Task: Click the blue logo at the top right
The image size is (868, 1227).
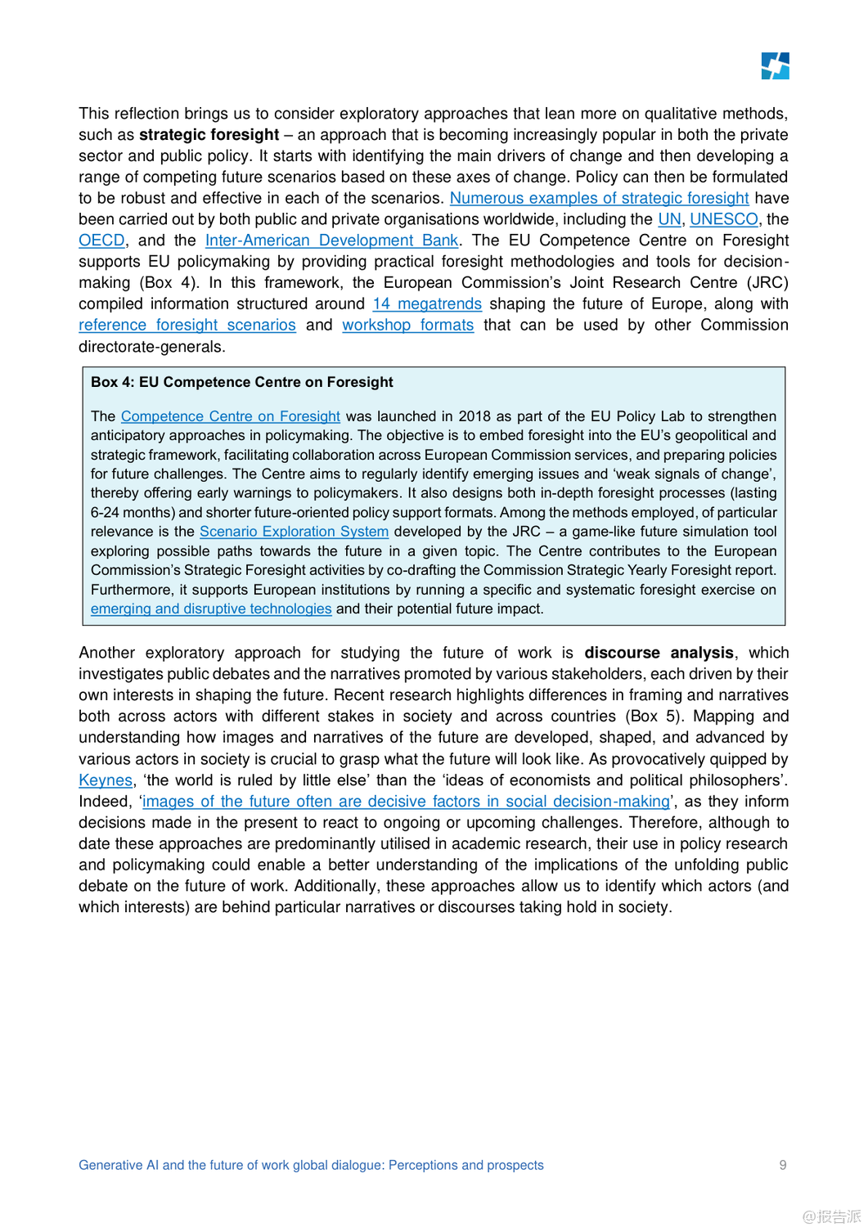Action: [x=775, y=66]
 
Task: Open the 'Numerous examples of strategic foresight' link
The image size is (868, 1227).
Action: [x=599, y=198]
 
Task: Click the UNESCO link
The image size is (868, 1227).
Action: [x=723, y=219]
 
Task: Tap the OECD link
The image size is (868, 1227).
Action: [x=101, y=240]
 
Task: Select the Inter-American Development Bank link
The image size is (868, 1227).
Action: [x=331, y=240]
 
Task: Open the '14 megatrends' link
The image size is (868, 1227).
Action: [x=427, y=303]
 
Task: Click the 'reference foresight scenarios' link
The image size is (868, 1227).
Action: [x=187, y=325]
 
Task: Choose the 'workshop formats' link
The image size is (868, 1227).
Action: [x=407, y=325]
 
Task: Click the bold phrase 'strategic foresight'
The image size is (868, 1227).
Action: [x=209, y=135]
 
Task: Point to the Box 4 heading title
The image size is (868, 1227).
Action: [x=242, y=382]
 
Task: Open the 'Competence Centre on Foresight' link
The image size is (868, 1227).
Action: [x=231, y=416]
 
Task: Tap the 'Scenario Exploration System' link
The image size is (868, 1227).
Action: [x=294, y=532]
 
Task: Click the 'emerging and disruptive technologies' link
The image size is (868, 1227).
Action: [x=211, y=609]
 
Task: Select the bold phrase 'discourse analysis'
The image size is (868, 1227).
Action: [x=659, y=653]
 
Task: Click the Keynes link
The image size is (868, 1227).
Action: [x=106, y=780]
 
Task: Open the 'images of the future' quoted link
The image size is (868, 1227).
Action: [x=406, y=802]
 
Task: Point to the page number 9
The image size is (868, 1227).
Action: [x=783, y=1165]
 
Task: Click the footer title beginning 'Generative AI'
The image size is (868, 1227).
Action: [x=311, y=1165]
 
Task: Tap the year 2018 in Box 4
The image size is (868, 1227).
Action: [x=474, y=416]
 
